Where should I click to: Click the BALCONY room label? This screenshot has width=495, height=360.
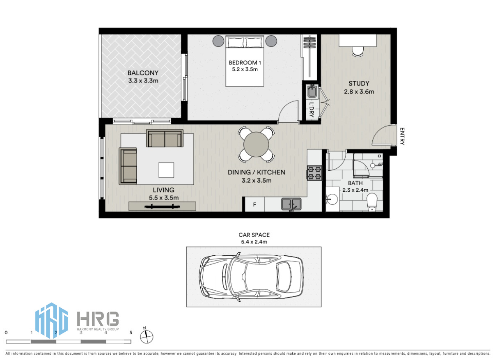point(143,73)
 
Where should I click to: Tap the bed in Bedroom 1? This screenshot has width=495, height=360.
point(245,61)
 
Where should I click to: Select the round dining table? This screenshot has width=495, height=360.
point(256,144)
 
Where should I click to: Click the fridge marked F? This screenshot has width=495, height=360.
point(254,204)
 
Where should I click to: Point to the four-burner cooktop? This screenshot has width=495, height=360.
point(314,173)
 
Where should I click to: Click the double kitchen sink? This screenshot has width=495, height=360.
point(291,204)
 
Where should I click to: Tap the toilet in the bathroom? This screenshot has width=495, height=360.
point(372,202)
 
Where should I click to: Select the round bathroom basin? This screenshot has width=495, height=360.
point(332,199)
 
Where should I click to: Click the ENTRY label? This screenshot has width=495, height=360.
point(402,136)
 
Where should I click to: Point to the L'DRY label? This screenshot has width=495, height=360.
point(312,110)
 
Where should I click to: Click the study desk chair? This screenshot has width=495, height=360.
point(357,52)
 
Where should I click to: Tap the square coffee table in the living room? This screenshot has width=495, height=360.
point(166,170)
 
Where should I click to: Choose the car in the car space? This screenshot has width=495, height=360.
point(252,277)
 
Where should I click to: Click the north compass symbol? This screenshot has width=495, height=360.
point(146,336)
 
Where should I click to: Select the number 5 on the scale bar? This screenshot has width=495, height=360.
point(131,332)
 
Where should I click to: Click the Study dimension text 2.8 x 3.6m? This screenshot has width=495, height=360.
point(359,92)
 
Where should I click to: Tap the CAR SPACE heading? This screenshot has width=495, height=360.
point(254,235)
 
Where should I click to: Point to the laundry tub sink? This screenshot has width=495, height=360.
point(312,91)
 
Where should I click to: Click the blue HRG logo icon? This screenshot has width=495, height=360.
point(51,321)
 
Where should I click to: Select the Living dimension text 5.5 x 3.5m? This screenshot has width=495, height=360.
point(164,198)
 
